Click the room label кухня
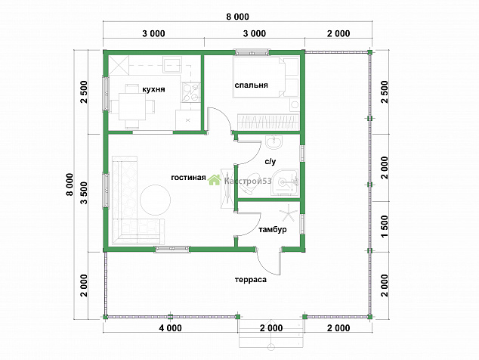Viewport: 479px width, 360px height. (153, 89)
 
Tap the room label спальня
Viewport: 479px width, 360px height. (251, 85)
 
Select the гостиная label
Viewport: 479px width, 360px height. (188, 178)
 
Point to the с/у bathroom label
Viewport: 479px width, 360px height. (270, 162)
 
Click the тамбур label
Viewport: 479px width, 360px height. (273, 229)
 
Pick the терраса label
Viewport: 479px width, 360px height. (251, 280)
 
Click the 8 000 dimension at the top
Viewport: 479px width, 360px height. (237, 17)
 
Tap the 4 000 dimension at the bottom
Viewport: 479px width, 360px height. (170, 328)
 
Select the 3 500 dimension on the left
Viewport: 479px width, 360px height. (84, 193)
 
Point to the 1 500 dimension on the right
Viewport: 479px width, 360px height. (385, 226)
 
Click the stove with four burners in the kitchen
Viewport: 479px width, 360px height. (190, 92)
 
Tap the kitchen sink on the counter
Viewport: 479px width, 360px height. (172, 65)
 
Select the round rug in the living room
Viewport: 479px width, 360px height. (156, 200)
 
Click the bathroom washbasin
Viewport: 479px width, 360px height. (274, 142)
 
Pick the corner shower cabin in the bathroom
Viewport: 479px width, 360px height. (285, 182)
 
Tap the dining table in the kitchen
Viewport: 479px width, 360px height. (132, 107)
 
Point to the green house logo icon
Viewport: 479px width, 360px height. (214, 180)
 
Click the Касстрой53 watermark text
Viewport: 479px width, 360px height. (248, 181)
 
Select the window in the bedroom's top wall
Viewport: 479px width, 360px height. (252, 52)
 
